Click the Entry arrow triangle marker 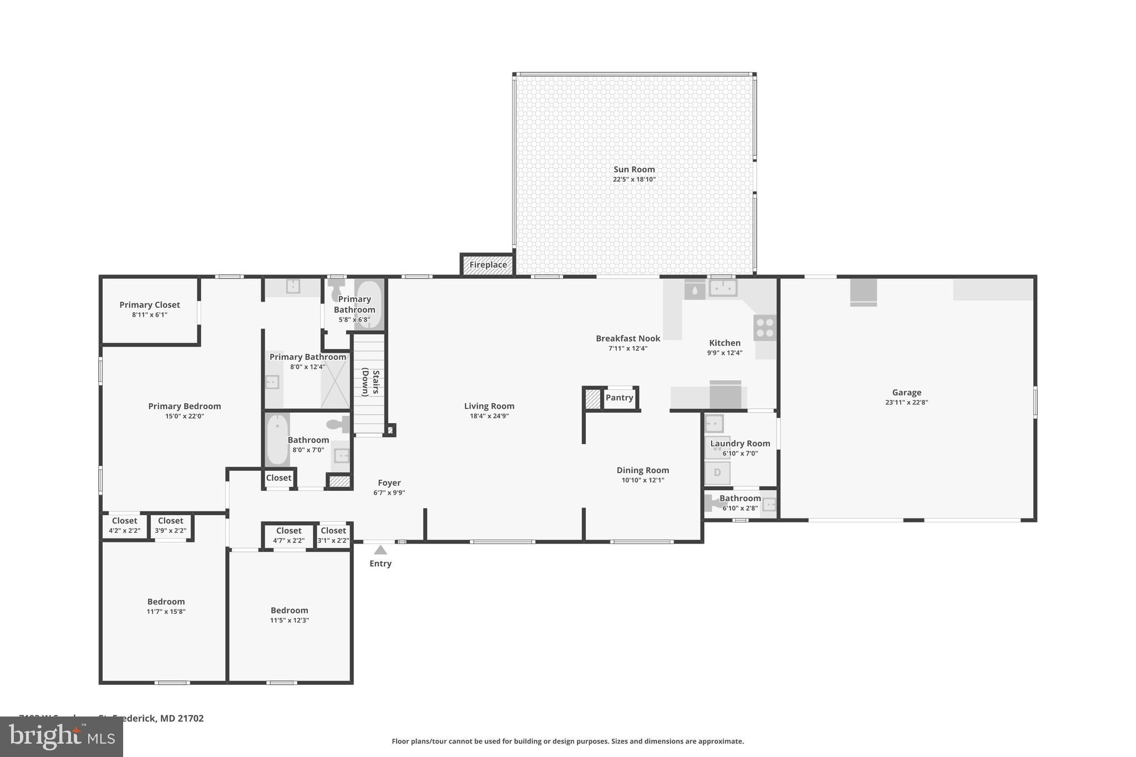click(x=380, y=550)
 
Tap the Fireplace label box click(x=488, y=265)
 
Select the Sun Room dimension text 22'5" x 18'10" click(x=634, y=179)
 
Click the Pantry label click(x=619, y=398)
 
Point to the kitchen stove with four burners click(x=764, y=327)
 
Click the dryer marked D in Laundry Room click(x=717, y=473)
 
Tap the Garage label click(x=906, y=392)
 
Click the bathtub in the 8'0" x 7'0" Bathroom click(x=277, y=440)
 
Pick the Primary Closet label click(x=150, y=304)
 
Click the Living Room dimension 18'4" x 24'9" click(x=489, y=416)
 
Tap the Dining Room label click(x=642, y=470)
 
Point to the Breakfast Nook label click(x=628, y=338)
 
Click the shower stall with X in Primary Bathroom click(x=335, y=380)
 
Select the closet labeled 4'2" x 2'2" click(x=124, y=525)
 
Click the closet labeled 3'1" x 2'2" click(x=333, y=535)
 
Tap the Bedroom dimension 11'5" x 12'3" click(x=289, y=620)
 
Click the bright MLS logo click(x=62, y=736)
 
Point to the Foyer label click(x=389, y=482)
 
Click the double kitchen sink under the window click(x=723, y=288)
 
